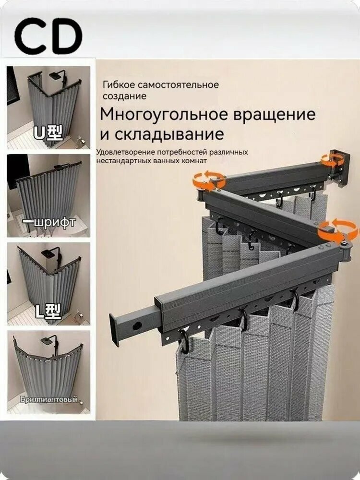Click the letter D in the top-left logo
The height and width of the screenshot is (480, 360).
[64, 36]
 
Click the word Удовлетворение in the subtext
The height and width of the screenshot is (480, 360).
[126, 152]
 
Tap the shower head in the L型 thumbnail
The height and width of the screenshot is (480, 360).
[48, 252]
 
